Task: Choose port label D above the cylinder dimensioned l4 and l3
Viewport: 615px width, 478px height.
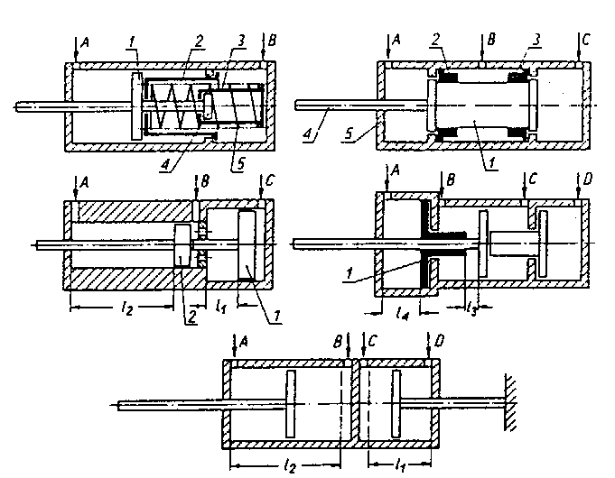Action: [587, 179]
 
